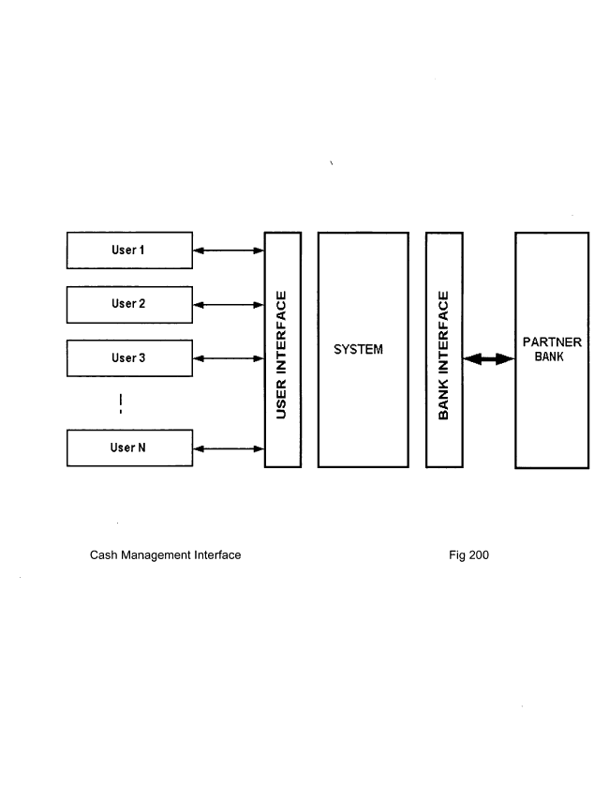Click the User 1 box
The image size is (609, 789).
pos(129,250)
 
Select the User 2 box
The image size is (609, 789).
pos(129,304)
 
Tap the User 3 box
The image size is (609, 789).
pos(129,358)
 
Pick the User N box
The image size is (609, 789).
pos(129,448)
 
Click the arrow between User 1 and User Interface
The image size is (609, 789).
pos(229,250)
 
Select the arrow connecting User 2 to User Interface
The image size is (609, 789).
pos(229,305)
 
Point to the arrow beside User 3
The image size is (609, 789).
pos(229,358)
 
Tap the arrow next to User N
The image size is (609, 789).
pos(229,448)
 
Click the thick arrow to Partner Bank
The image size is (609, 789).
pos(489,358)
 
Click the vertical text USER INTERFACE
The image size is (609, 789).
pos(281,355)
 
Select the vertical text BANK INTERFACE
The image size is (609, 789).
pos(443,356)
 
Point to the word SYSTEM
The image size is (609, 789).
pos(358,349)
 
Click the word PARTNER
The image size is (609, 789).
pos(552,342)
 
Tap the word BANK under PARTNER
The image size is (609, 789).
pos(549,357)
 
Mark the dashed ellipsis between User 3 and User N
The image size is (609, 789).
pos(121,403)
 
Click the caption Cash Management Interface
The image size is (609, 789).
pos(165,555)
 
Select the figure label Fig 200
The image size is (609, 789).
pos(468,555)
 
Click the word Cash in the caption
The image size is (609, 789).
pos(103,555)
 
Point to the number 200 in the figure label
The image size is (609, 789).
pos(479,555)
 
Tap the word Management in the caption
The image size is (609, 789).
pos(156,555)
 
